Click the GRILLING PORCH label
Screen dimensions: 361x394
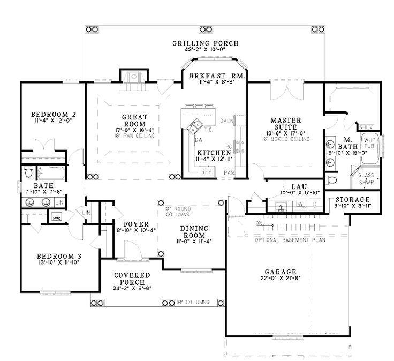(x=206, y=43)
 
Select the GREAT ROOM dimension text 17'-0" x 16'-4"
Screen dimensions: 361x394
(x=131, y=130)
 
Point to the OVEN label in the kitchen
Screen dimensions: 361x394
(x=226, y=120)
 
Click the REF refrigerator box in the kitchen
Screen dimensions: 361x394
(x=206, y=172)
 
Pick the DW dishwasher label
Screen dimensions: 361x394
(x=198, y=140)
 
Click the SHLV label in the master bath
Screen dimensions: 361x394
(x=365, y=127)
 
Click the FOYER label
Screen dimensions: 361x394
(x=132, y=223)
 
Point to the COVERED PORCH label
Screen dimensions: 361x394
(x=132, y=279)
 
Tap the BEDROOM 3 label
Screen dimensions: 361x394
(x=53, y=255)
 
